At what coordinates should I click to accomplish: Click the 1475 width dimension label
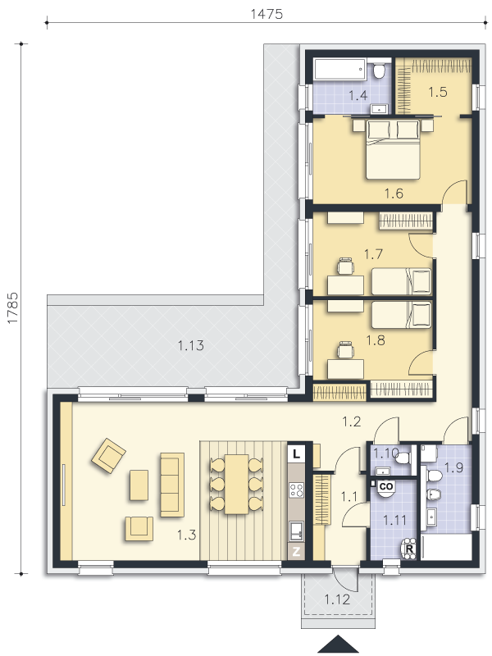pos(266,14)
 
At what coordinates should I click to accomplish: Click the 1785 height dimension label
pos(12,307)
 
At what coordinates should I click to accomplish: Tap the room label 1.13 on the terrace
pos(191,345)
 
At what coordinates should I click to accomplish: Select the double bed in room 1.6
pos(393,149)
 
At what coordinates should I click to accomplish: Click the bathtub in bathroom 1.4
pos(340,69)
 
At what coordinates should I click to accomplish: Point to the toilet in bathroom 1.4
pos(380,71)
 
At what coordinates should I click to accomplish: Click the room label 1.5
pos(438,92)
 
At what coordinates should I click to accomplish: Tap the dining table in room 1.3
pos(237,484)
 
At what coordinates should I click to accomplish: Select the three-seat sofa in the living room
pos(172,484)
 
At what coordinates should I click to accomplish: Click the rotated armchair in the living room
pos(109,455)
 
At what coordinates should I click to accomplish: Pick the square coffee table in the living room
pos(139,485)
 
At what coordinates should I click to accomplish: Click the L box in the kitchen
pos(297,453)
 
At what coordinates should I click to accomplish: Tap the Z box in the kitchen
pos(297,552)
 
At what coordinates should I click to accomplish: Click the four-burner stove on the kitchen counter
pos(297,490)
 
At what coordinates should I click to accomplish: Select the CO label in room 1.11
pos(386,486)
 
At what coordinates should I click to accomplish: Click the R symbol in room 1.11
pos(409,549)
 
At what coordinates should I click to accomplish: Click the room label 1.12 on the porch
pos(337,599)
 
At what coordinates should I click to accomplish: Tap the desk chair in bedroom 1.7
pos(345,266)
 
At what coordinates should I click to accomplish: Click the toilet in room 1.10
pos(403,458)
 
